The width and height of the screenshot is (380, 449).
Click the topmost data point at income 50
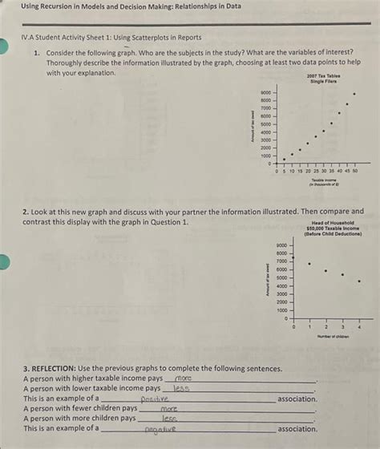356,92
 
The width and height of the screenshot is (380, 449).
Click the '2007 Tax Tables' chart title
323,76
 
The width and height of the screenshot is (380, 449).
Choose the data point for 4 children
358,281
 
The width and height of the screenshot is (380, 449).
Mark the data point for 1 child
310,263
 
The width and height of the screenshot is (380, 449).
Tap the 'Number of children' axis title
326,338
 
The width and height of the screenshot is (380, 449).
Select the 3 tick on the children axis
342,327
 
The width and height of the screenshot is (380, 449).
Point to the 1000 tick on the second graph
281,310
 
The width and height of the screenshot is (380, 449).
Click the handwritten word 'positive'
156,398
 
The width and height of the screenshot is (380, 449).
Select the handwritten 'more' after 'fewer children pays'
170,408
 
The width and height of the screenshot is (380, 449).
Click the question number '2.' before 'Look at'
27,212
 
